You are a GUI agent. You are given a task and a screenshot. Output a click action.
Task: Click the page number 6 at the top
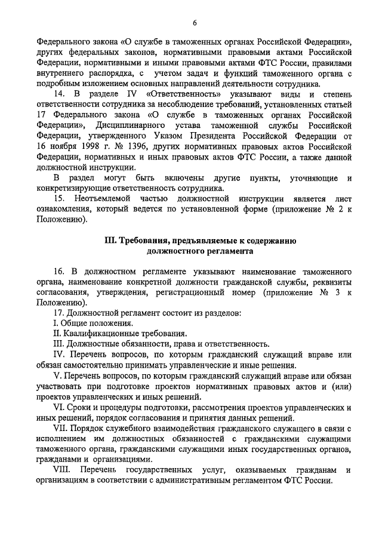(x=195, y=22)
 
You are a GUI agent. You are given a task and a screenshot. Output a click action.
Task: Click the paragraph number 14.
(x=59, y=95)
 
